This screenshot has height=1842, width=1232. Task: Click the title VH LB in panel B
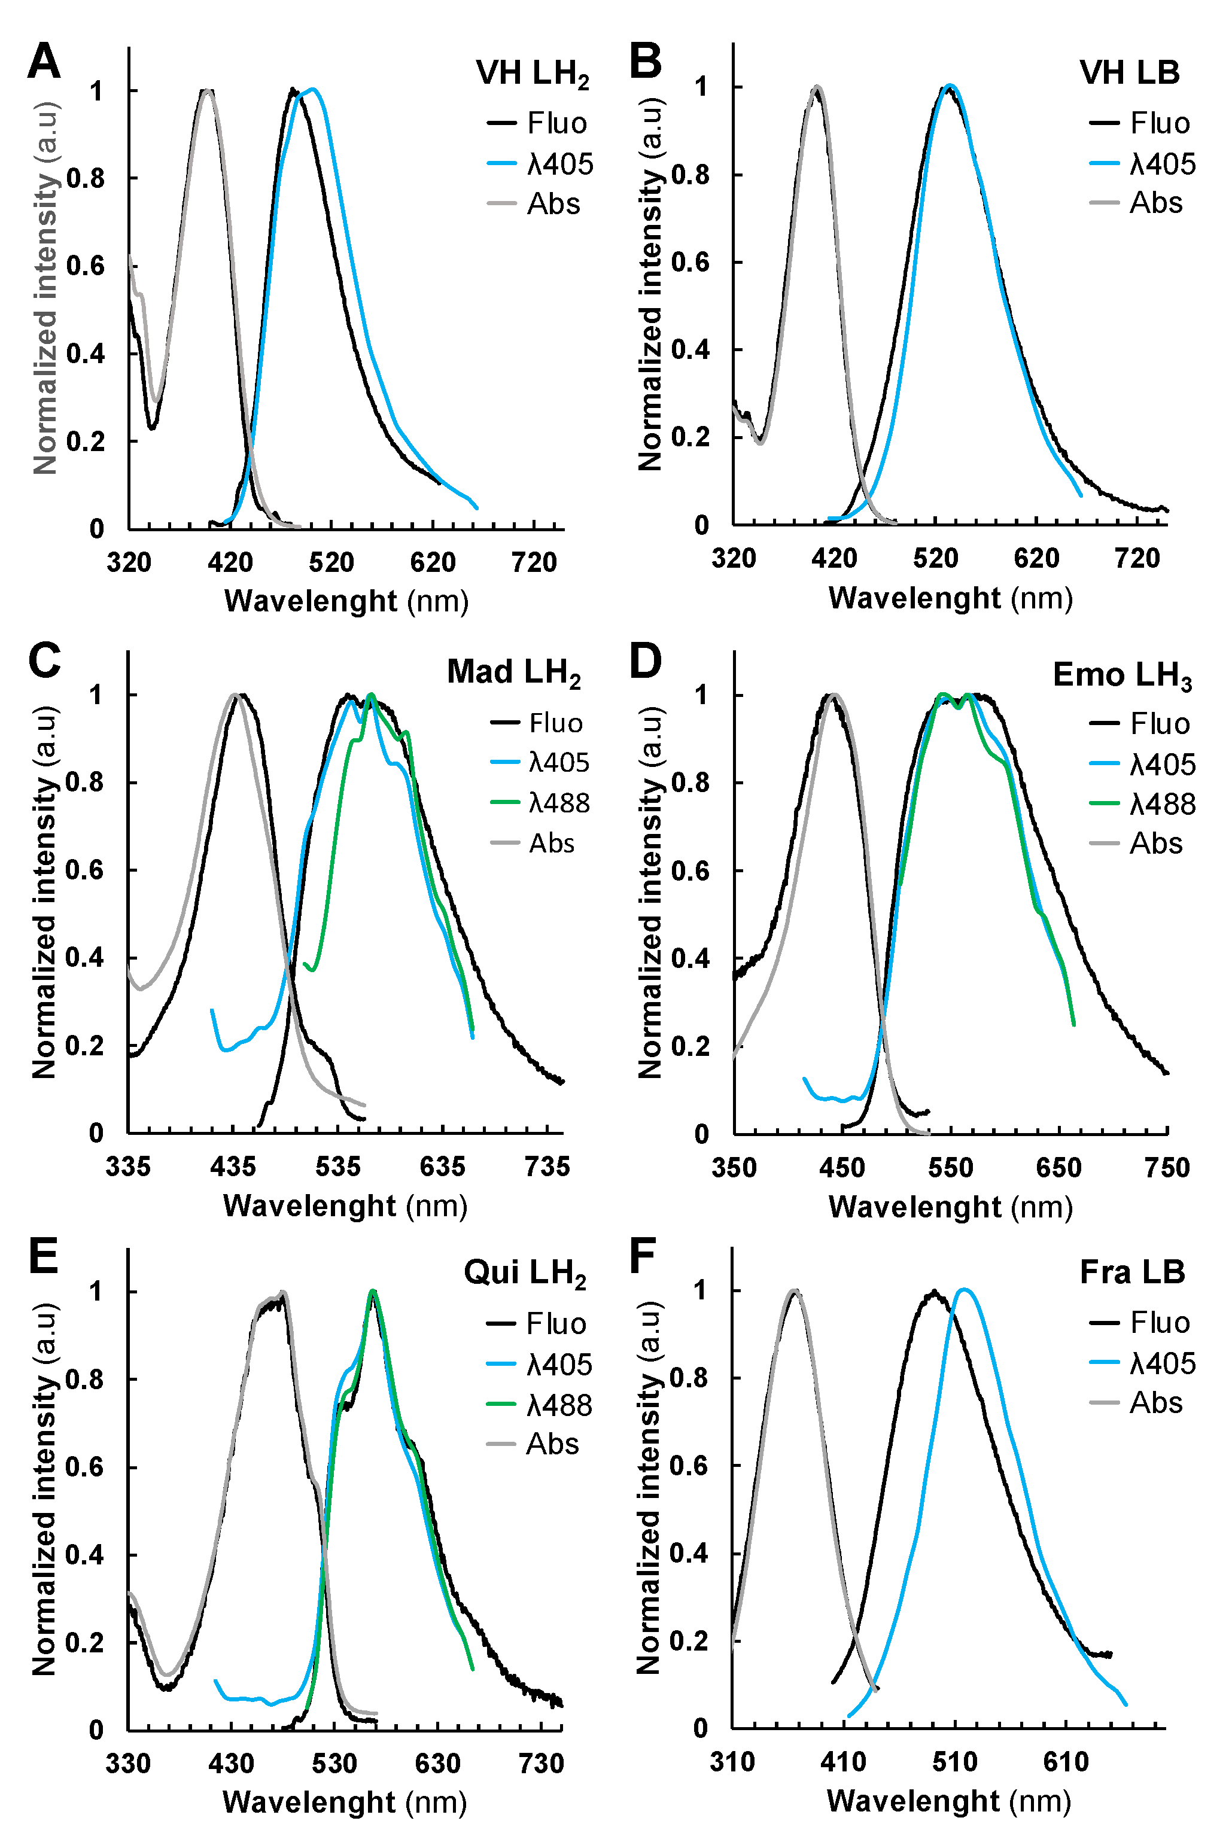(x=1129, y=72)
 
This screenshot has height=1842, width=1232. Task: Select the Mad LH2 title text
(x=514, y=673)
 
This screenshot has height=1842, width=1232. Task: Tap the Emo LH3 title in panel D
(x=1122, y=675)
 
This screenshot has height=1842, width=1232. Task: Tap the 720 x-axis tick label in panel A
(x=534, y=562)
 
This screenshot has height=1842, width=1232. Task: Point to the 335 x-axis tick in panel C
(x=128, y=1167)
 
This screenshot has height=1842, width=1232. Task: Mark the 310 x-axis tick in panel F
(x=732, y=1762)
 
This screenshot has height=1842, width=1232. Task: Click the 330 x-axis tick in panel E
(x=128, y=1764)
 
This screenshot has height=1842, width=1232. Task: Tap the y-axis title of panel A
(x=45, y=288)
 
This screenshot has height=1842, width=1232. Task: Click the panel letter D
(x=646, y=662)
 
